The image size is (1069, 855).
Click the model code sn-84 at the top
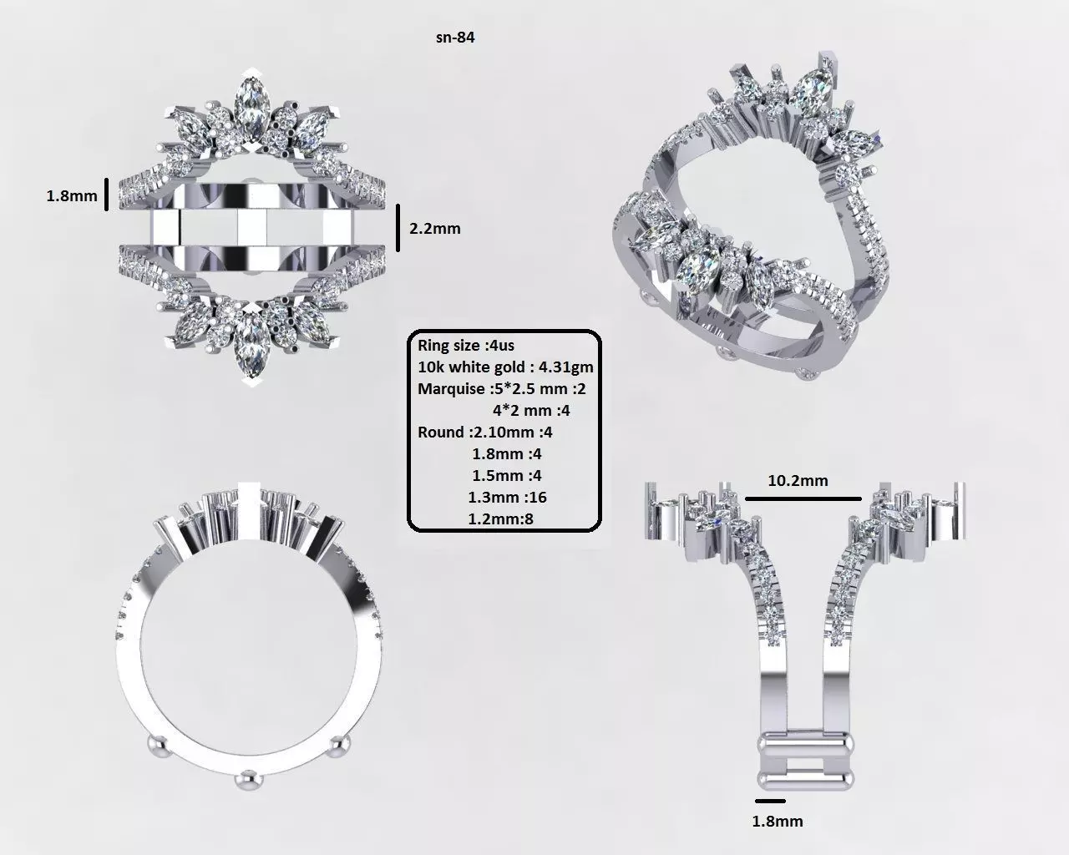[455, 37]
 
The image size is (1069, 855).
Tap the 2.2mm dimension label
[434, 228]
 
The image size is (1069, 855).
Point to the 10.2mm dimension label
[798, 480]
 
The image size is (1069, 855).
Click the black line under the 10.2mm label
[802, 498]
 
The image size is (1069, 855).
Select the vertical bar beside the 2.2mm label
[398, 228]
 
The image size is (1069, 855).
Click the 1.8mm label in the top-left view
[71, 197]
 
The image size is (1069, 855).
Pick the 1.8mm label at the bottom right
[778, 821]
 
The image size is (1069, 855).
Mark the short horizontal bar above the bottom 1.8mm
[768, 802]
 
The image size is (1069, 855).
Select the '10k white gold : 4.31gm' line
[505, 367]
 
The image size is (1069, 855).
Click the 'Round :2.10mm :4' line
[484, 432]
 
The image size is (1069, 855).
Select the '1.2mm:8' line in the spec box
[504, 519]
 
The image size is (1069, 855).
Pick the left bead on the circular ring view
[155, 745]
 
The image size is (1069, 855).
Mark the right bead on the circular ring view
[337, 746]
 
